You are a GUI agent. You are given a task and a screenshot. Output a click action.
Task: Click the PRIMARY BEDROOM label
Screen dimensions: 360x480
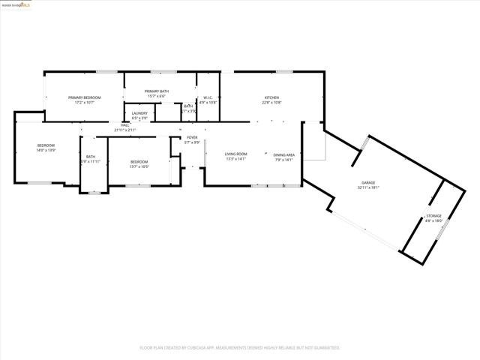pyautogui.click(x=85, y=97)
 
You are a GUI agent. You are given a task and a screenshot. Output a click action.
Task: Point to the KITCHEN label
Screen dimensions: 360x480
pyautogui.click(x=271, y=97)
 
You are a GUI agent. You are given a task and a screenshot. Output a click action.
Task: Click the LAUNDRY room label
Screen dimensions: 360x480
pyautogui.click(x=139, y=113)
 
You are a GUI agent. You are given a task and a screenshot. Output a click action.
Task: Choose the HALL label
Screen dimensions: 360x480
pyautogui.click(x=125, y=125)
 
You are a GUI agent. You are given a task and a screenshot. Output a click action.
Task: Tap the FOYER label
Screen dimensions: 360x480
pyautogui.click(x=193, y=137)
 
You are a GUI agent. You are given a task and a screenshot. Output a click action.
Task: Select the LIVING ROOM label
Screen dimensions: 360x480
pyautogui.click(x=235, y=154)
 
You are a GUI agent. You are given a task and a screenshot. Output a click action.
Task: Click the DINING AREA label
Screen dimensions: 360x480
pyautogui.click(x=283, y=154)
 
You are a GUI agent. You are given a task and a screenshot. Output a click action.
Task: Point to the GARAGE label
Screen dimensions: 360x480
pyautogui.click(x=368, y=183)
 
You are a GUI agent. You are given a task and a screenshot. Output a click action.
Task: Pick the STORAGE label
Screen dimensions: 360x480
pyautogui.click(x=434, y=216)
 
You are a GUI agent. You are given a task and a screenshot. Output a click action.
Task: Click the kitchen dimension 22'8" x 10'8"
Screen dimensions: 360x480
pyautogui.click(x=271, y=102)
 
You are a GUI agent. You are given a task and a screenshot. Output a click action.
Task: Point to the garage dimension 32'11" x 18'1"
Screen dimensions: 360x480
pyautogui.click(x=368, y=187)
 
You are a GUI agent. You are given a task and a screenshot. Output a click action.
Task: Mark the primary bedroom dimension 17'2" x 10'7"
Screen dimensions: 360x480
pyautogui.click(x=85, y=102)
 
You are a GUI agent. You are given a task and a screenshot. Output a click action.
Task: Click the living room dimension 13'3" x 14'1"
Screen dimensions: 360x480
pyautogui.click(x=235, y=159)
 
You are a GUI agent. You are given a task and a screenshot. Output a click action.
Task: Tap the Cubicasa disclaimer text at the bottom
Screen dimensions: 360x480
pyautogui.click(x=240, y=348)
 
